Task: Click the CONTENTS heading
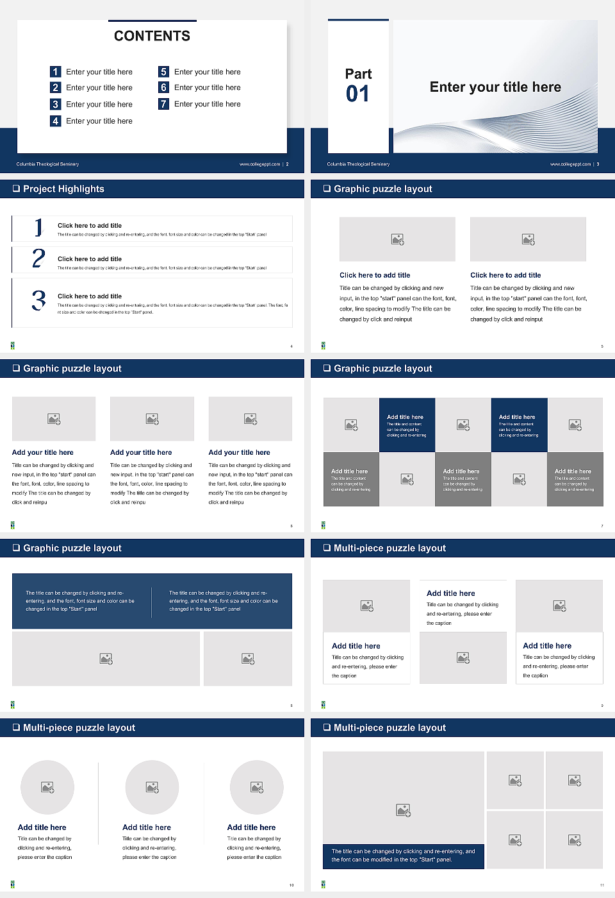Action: (x=152, y=36)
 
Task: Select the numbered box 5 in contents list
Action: (x=164, y=72)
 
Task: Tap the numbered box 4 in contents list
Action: (x=56, y=121)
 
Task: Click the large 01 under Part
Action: (x=357, y=94)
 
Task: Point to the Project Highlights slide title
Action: (x=63, y=189)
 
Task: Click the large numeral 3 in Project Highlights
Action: (x=38, y=300)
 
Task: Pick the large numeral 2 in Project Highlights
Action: (x=38, y=258)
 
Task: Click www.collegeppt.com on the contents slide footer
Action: (x=259, y=164)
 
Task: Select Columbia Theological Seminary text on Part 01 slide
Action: (x=358, y=164)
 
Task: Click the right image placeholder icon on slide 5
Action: (x=528, y=239)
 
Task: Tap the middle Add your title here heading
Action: (x=141, y=452)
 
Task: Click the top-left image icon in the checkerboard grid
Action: (x=351, y=425)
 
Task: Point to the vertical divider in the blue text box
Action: (x=152, y=602)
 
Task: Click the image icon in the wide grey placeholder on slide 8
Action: (x=106, y=659)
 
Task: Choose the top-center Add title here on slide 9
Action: (x=451, y=593)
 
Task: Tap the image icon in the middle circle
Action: (x=152, y=787)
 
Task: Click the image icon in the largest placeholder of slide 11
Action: (x=403, y=811)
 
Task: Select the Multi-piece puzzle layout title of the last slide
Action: (x=389, y=728)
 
